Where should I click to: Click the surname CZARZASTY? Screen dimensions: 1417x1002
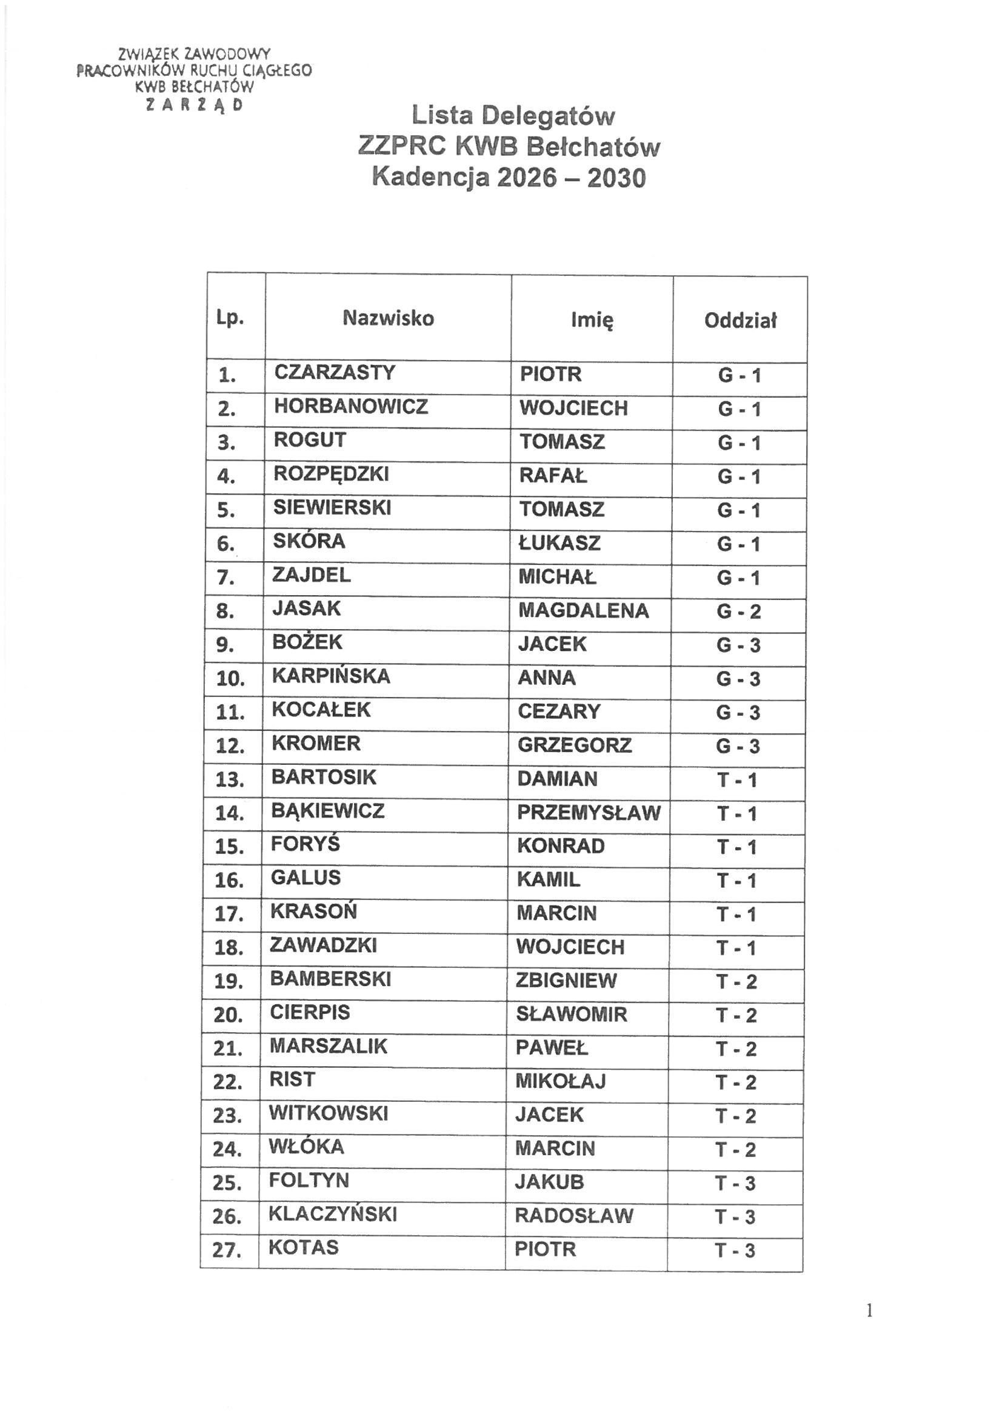(334, 373)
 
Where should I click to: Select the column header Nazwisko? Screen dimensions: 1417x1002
(389, 318)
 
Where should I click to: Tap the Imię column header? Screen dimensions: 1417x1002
(592, 319)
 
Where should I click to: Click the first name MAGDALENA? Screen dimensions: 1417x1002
(583, 610)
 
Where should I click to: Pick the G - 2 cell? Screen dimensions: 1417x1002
(738, 612)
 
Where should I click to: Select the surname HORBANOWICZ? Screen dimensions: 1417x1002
(350, 406)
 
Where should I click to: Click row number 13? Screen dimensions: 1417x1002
(230, 779)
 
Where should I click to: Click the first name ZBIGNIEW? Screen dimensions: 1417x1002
(566, 980)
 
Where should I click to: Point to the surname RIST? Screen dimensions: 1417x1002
(292, 1079)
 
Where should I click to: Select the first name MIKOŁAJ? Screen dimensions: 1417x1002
(561, 1081)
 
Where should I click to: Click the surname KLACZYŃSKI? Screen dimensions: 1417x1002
(332, 1214)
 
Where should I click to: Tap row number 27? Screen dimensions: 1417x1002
(226, 1250)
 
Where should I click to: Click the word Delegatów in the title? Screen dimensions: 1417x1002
(548, 116)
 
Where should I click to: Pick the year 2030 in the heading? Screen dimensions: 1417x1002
(616, 178)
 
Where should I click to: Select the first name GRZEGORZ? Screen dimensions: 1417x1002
(574, 745)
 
